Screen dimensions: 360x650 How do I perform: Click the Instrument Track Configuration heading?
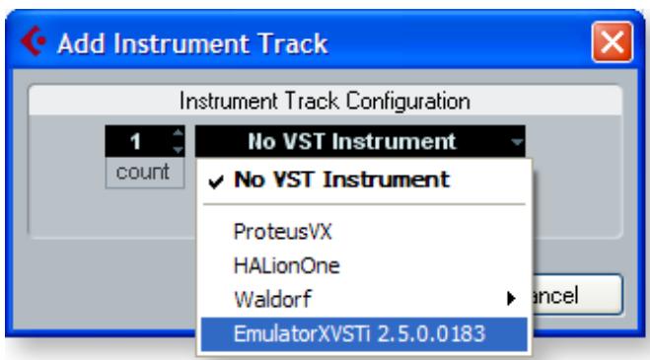click(x=324, y=102)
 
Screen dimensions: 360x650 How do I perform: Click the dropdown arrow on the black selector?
click(x=515, y=144)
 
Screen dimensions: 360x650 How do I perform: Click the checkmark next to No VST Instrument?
click(x=214, y=181)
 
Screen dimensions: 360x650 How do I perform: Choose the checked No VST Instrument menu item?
click(x=341, y=181)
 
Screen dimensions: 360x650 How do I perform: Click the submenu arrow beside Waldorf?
click(x=509, y=297)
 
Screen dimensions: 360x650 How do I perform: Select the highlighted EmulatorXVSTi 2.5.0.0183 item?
click(x=360, y=332)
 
